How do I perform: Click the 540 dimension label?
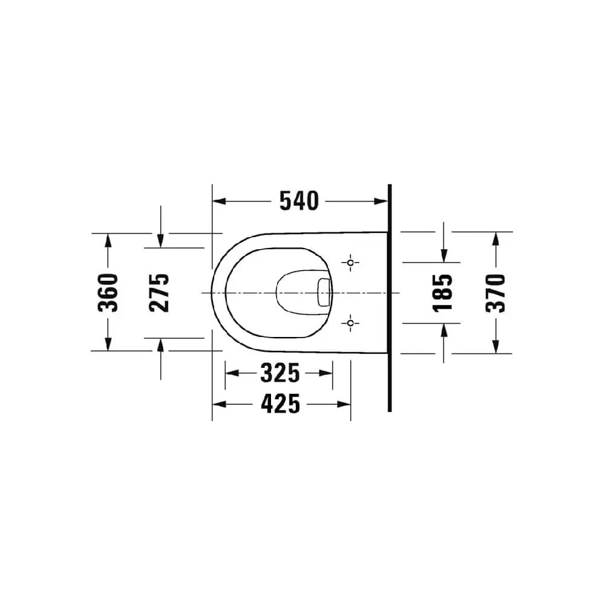pyautogui.click(x=298, y=201)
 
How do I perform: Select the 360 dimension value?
pyautogui.click(x=108, y=292)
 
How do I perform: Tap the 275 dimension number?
pyautogui.click(x=160, y=292)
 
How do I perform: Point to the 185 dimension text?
pyautogui.click(x=443, y=292)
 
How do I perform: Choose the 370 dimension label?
pyautogui.click(x=495, y=292)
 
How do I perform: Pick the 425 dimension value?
pyautogui.click(x=280, y=404)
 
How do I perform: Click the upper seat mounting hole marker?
pyautogui.click(x=350, y=263)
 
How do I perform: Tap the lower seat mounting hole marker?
pyautogui.click(x=350, y=323)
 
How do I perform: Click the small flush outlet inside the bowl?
pyautogui.click(x=324, y=292)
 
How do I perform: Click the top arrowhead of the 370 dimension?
pyautogui.click(x=495, y=238)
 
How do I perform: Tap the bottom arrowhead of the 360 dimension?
pyautogui.click(x=108, y=345)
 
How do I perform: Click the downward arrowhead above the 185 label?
pyautogui.click(x=443, y=257)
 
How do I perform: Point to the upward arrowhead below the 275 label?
pyautogui.click(x=160, y=344)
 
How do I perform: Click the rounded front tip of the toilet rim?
pyautogui.click(x=212, y=292)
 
